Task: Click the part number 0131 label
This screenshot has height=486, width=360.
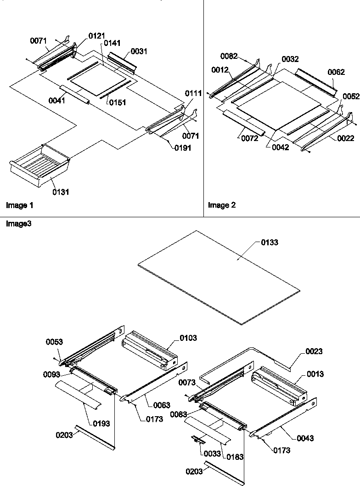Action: click(x=61, y=192)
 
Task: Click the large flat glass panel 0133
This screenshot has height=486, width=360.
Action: click(x=218, y=276)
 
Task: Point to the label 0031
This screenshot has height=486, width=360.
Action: click(x=139, y=51)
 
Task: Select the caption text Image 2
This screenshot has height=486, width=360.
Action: click(x=222, y=205)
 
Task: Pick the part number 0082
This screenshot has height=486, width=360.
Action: click(x=229, y=56)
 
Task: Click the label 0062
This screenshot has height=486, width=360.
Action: click(x=336, y=72)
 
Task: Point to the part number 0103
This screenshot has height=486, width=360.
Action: click(x=188, y=338)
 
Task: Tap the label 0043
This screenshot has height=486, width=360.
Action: click(x=305, y=438)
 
